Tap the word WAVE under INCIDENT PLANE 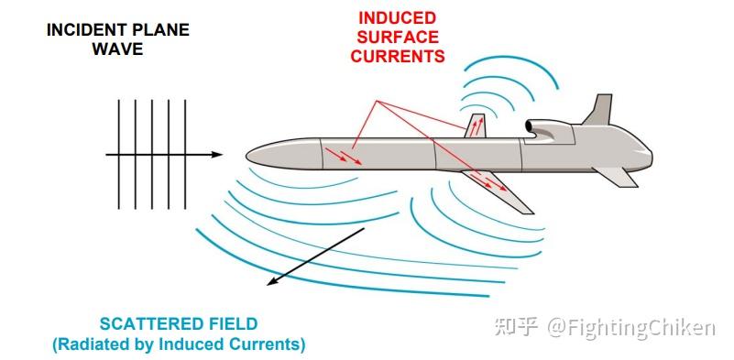117,49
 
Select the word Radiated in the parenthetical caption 93,344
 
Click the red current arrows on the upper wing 477,126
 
